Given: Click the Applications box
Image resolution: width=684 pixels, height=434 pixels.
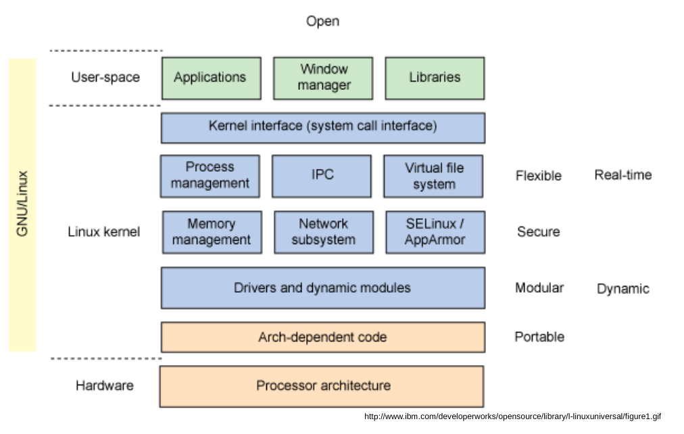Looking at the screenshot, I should click(x=211, y=78).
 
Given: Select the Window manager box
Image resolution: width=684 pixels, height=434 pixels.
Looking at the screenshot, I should click(x=323, y=78).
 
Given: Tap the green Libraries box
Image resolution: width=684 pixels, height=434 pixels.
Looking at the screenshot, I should click(x=435, y=78).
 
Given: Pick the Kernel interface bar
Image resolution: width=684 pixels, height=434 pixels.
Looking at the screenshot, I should click(x=322, y=127).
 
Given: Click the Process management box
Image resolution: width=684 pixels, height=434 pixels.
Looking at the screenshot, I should click(x=210, y=176).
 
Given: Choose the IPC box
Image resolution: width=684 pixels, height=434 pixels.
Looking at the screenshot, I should click(x=322, y=176).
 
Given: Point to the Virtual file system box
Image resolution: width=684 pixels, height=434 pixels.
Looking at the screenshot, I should click(x=433, y=176).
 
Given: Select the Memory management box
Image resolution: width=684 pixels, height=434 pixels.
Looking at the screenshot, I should click(x=212, y=232).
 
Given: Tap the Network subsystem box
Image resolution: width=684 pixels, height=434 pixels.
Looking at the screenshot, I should click(x=324, y=232).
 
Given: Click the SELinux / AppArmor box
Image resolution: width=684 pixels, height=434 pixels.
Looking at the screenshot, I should click(x=435, y=232).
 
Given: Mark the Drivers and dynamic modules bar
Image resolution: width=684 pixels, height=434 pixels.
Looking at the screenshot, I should click(x=322, y=288).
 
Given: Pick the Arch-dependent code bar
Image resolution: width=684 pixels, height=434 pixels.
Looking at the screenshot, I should click(x=322, y=337).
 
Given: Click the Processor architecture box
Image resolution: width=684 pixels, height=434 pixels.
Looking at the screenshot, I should click(x=322, y=386).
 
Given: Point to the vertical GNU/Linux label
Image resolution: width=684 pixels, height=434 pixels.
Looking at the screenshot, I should click(x=22, y=205).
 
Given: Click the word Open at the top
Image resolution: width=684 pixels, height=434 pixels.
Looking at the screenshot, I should click(x=322, y=22).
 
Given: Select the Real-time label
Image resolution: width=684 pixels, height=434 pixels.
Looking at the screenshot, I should click(x=622, y=175).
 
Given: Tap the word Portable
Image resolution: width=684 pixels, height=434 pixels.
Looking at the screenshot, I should click(x=539, y=337).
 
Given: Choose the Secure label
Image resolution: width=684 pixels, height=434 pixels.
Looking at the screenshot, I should click(x=539, y=232).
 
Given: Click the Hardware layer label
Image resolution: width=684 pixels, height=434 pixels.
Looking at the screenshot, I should click(x=104, y=386).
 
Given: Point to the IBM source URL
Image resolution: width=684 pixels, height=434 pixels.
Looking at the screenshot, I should click(x=512, y=416).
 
